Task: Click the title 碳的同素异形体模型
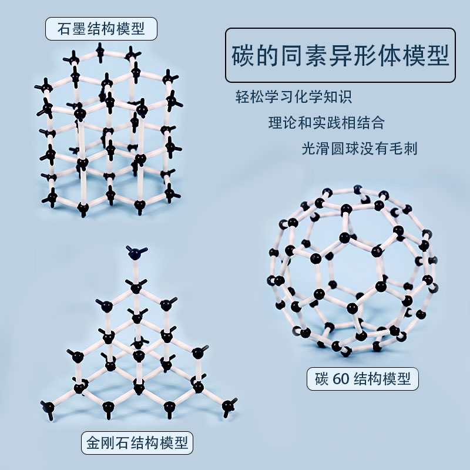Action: click(340, 56)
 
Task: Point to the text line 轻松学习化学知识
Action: click(294, 97)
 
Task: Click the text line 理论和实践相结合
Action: click(327, 123)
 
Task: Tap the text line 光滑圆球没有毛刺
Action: click(359, 148)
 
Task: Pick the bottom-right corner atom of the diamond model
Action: click(227, 405)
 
